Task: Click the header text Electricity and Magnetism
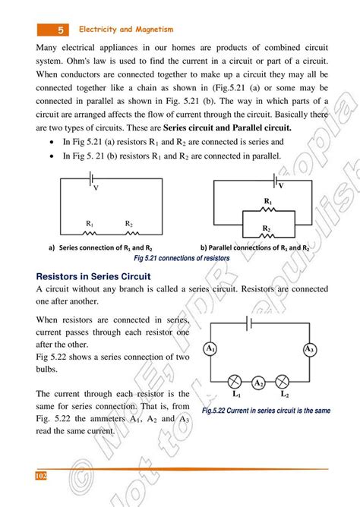[x=127, y=30]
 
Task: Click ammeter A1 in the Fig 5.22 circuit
[x=210, y=349]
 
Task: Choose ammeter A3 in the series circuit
[x=308, y=349]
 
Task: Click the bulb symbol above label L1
[x=236, y=382]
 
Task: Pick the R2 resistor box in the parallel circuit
[x=267, y=237]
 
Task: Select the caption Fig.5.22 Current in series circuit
[x=266, y=411]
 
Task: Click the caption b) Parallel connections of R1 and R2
[x=254, y=247]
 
